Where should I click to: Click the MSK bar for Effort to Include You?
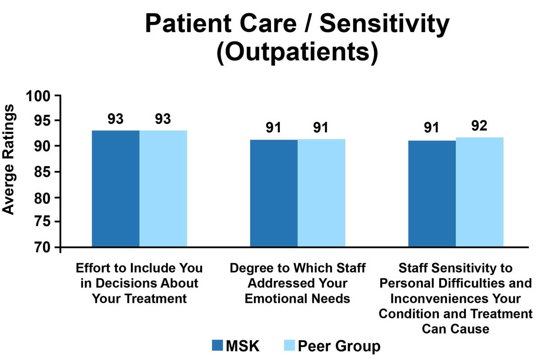tap(116, 189)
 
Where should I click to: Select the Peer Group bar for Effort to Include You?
tap(163, 189)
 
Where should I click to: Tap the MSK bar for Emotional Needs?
tap(274, 193)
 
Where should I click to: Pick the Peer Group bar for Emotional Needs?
tap(321, 193)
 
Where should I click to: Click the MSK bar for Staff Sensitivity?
tap(432, 194)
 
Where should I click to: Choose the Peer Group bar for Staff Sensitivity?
tap(480, 193)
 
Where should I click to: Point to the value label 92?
tap(480, 126)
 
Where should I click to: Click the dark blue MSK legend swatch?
tap(217, 346)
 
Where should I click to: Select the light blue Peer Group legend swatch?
tap(289, 346)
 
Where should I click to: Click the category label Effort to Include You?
tap(139, 269)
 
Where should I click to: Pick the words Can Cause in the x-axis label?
tap(455, 328)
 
